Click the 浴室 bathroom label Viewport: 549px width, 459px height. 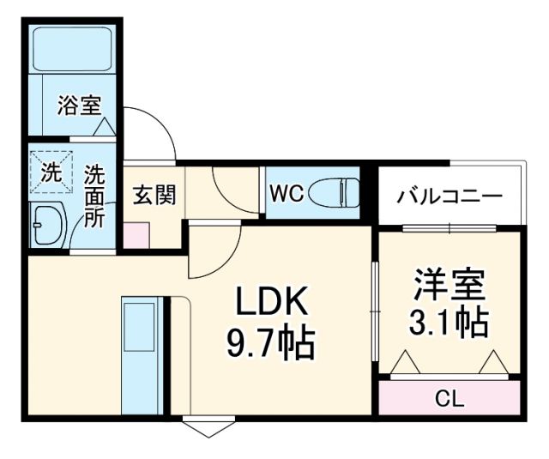point(80,106)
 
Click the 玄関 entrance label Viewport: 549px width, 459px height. point(154,195)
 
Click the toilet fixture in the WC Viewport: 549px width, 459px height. point(335,191)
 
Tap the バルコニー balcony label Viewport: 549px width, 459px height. point(449,196)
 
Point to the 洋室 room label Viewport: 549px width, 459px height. point(449,283)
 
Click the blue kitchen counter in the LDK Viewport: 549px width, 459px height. point(136,355)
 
